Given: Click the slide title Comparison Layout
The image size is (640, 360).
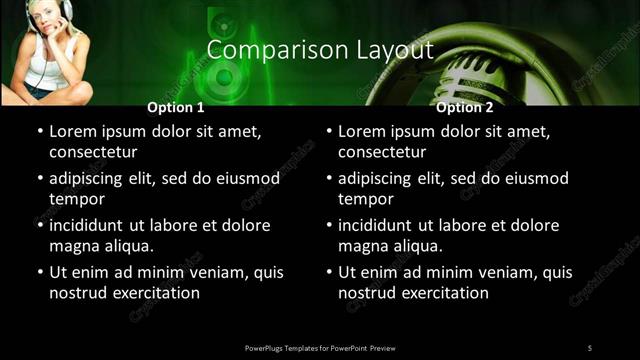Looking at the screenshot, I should [320, 49].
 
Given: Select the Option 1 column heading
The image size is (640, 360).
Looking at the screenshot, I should [175, 107].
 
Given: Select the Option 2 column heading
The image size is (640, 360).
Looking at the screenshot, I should [464, 107].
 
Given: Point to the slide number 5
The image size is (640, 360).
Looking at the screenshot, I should [590, 347].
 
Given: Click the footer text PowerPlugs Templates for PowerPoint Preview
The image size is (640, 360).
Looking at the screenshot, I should [320, 347].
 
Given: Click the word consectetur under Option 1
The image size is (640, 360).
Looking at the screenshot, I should [93, 152].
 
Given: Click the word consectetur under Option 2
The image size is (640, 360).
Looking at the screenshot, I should [382, 152].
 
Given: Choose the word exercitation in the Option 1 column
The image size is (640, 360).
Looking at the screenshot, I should [158, 293].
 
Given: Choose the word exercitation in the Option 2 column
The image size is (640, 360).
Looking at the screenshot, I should [447, 293].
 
